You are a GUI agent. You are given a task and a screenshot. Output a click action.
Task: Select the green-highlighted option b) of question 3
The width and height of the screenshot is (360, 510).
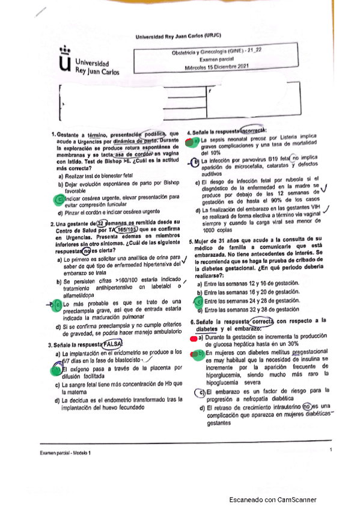(58, 370)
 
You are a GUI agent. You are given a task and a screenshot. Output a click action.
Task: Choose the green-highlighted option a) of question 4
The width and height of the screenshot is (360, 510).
(191, 141)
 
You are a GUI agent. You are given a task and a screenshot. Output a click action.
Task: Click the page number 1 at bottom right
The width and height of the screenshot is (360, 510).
(330, 457)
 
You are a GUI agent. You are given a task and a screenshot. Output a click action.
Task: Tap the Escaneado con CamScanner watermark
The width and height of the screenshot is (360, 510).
(276, 500)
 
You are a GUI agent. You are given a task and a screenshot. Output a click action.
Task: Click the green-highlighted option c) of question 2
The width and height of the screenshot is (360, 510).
(58, 306)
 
